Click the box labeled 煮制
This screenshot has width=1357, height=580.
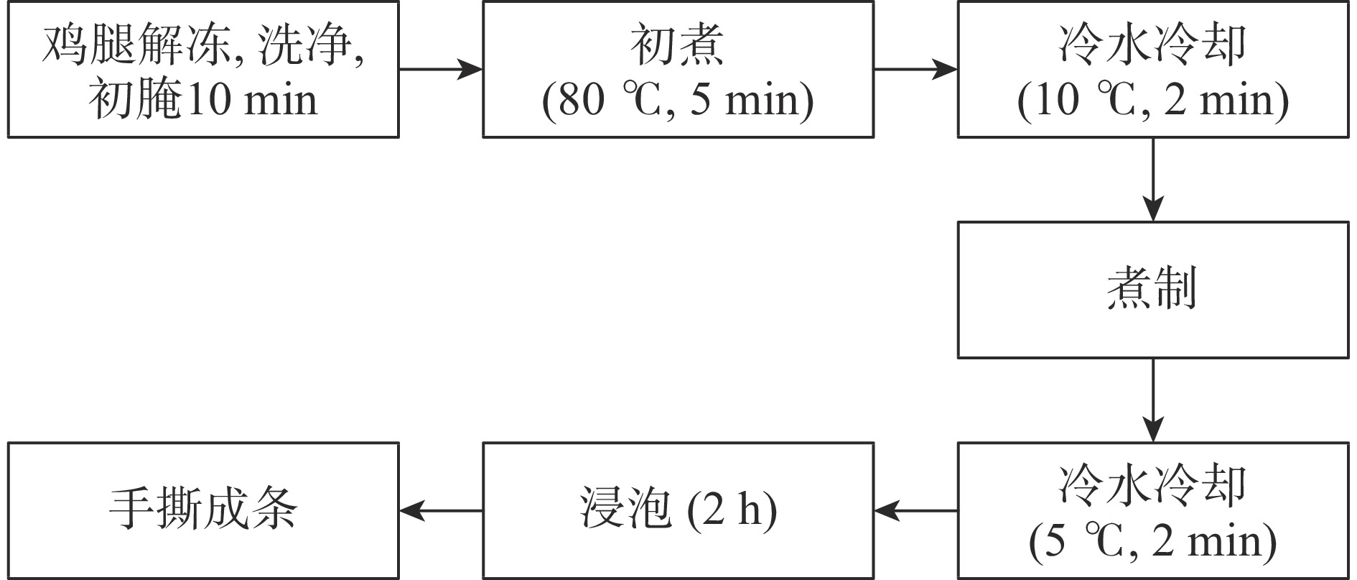(1152, 290)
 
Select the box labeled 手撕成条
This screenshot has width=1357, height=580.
(203, 510)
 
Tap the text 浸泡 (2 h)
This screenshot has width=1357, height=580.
(678, 511)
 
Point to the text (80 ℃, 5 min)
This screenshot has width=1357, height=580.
(678, 99)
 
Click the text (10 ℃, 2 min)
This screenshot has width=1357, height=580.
(1153, 99)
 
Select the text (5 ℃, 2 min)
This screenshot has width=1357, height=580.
(1153, 540)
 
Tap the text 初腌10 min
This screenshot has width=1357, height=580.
(203, 99)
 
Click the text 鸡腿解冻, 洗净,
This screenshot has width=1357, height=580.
(203, 47)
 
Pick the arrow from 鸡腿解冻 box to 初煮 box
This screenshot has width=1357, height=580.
(440, 69)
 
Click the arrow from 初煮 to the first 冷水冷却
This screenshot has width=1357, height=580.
(915, 69)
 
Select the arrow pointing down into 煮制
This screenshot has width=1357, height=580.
(1153, 180)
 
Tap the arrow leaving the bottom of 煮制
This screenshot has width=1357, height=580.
(1153, 400)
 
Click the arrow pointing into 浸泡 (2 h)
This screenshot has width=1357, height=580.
(915, 511)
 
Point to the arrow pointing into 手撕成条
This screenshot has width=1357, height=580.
(440, 511)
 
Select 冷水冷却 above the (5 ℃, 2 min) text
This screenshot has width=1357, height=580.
(1153, 486)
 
